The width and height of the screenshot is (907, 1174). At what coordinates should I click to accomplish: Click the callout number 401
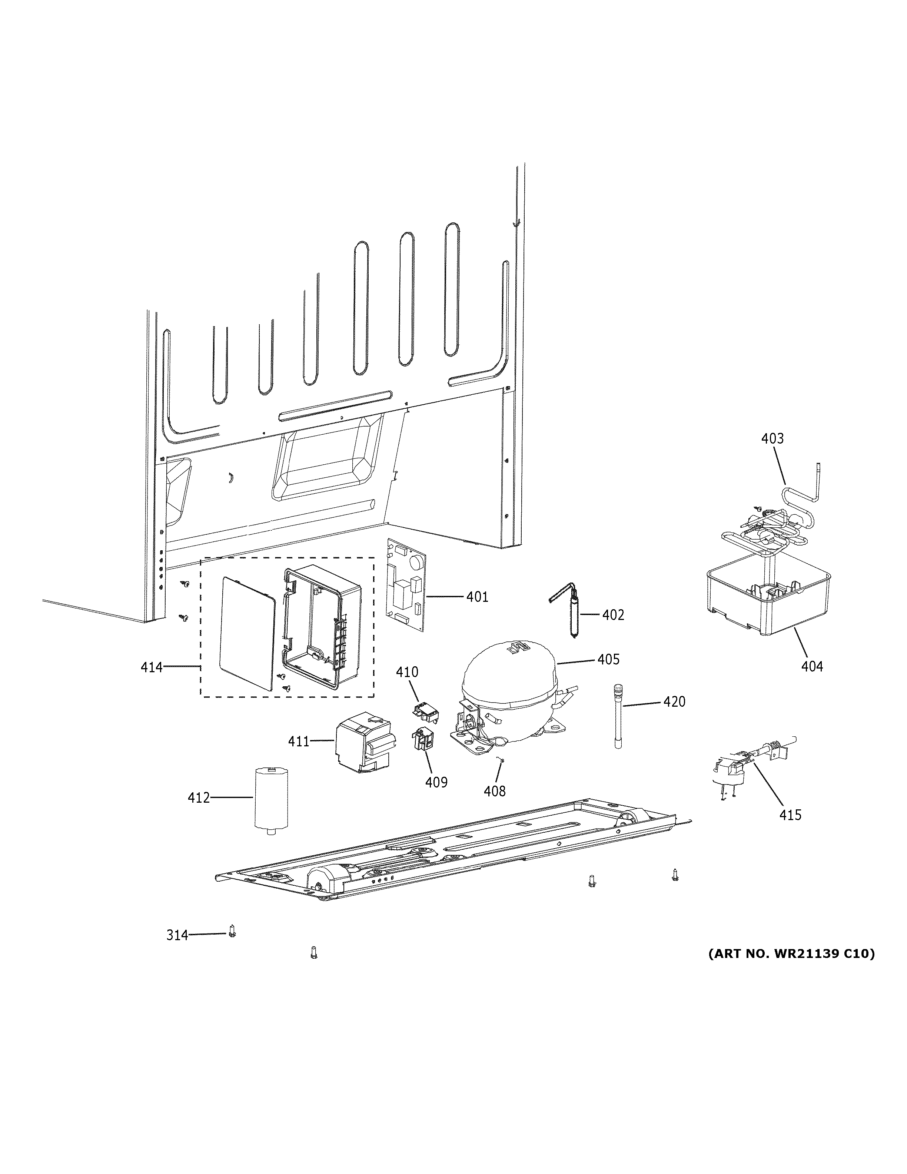point(477,597)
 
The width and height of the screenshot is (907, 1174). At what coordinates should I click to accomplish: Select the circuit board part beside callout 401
point(406,591)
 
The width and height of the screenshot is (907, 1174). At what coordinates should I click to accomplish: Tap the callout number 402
point(613,615)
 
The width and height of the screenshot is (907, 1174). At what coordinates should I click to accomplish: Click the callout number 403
point(772,439)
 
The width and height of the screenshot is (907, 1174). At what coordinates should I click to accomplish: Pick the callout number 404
point(812,667)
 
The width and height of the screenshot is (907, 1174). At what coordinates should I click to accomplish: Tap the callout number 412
point(198,798)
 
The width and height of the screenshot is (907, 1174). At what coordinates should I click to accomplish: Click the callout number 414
point(152,667)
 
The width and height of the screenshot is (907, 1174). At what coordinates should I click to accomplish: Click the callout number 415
point(790,815)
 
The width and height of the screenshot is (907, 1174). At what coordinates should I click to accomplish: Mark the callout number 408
point(494,791)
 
